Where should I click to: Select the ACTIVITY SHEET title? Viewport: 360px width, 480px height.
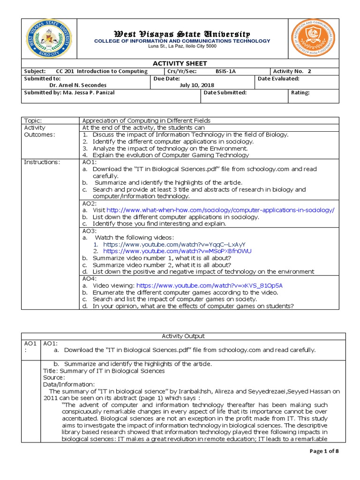coord(180,63)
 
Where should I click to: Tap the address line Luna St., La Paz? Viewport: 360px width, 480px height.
coord(182,46)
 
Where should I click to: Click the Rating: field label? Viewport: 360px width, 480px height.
coord(300,93)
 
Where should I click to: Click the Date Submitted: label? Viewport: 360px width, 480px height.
coord(225,93)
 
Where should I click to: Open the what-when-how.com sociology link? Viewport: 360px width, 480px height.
coord(220,210)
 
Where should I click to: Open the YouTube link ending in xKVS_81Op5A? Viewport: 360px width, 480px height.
coord(209,285)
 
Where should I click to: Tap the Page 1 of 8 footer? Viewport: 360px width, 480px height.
coord(324,451)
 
